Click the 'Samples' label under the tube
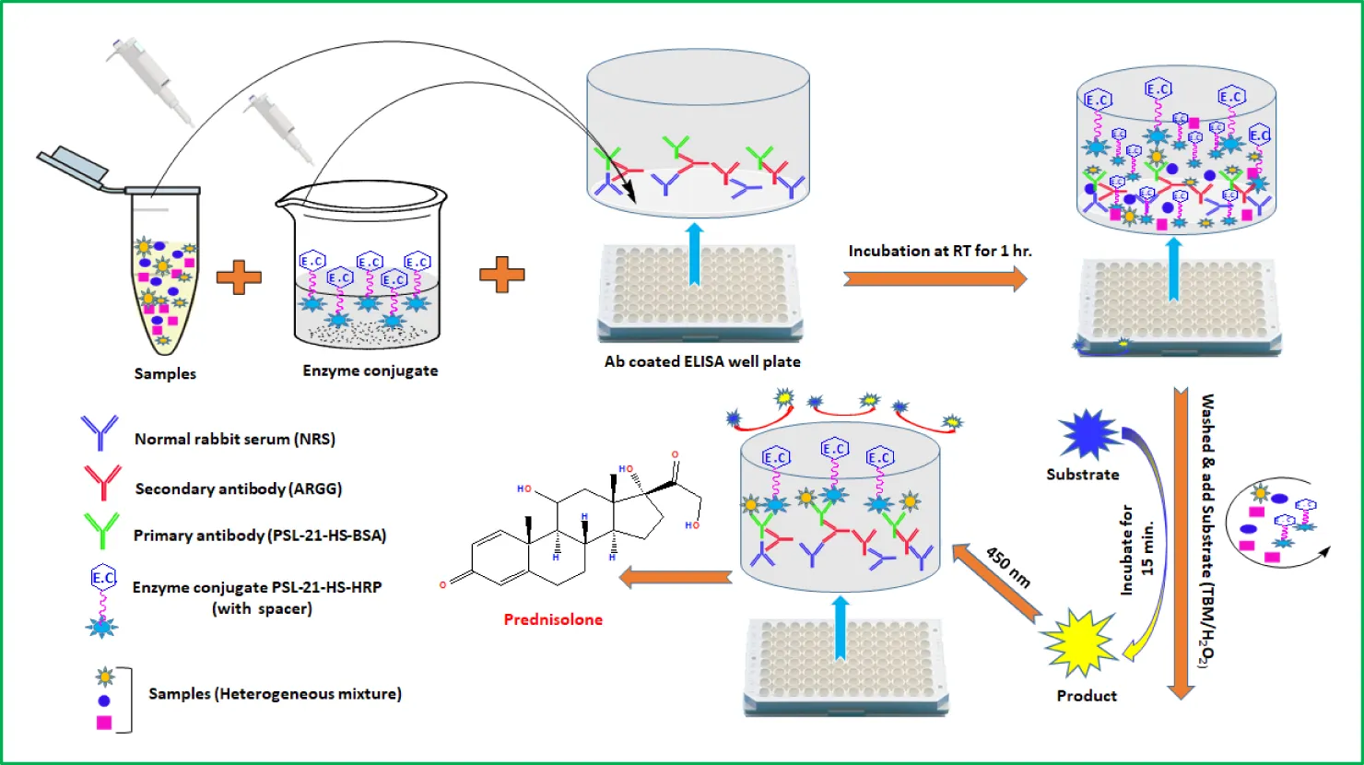point(165,373)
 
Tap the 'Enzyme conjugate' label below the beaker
point(370,371)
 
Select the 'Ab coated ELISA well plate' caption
point(702,361)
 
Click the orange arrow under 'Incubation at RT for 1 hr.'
point(935,278)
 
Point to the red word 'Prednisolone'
point(553,619)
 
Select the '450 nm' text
point(1008,568)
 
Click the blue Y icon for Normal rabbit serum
point(100,431)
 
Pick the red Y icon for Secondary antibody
point(101,482)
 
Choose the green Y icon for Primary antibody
point(101,530)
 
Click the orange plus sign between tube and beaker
point(239,277)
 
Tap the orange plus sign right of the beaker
point(502,275)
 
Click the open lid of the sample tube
point(74,166)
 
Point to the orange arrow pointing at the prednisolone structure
point(676,578)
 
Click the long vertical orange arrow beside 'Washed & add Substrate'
point(1182,544)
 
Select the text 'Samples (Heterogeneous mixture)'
point(275,694)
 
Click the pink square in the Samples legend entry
point(104,723)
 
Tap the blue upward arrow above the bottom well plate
point(840,627)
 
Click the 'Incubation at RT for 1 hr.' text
point(939,251)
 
